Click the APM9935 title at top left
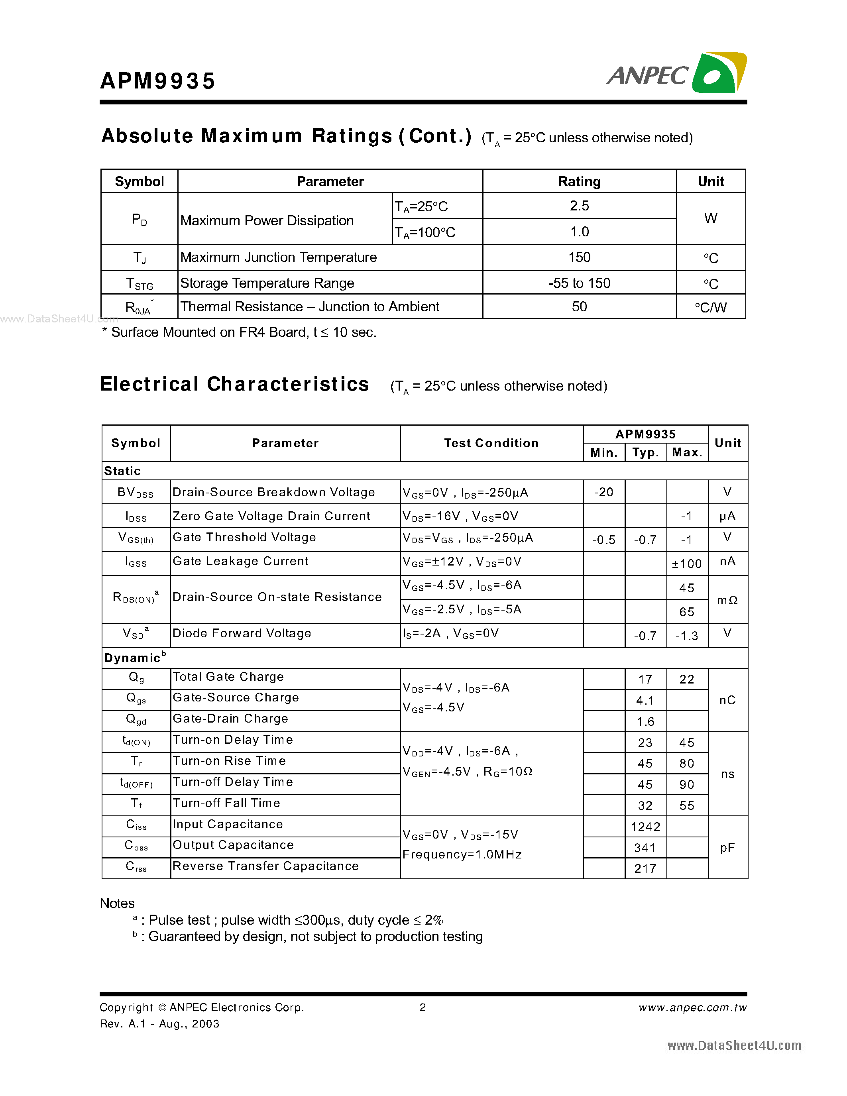tap(157, 81)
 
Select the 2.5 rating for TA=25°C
tap(579, 206)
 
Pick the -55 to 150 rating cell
tap(579, 283)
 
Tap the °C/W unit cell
tap(711, 307)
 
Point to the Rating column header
tap(579, 181)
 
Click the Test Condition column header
tap(491, 443)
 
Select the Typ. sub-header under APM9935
tap(645, 453)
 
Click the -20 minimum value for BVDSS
tap(603, 492)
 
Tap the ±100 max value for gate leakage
tap(686, 564)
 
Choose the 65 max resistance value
tap(686, 612)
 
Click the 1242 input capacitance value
tap(645, 827)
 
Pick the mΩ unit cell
tap(727, 600)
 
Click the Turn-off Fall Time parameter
tap(226, 803)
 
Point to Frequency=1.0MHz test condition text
tap(462, 854)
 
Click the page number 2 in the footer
tap(423, 1007)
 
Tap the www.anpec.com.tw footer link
tap(692, 1008)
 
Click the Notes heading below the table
tap(118, 903)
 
